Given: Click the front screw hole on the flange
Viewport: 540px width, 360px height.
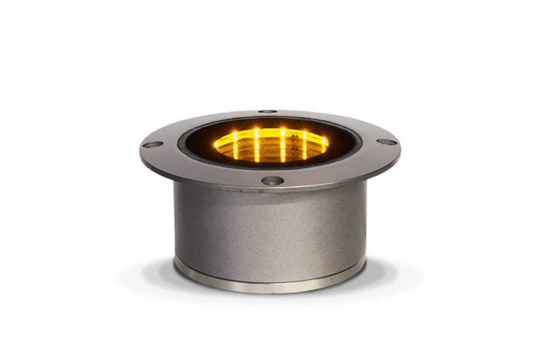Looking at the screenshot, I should click(x=272, y=180).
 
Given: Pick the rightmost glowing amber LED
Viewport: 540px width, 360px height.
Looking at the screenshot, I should click(x=324, y=141).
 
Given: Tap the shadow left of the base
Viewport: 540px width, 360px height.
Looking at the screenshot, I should click(x=142, y=274).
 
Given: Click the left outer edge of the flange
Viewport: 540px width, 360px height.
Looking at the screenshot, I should click(x=141, y=149).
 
